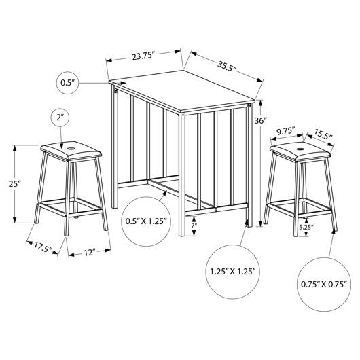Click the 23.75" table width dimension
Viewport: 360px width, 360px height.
[x=142, y=56]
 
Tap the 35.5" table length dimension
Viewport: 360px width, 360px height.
[x=227, y=67]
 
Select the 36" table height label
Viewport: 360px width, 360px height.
[x=261, y=120]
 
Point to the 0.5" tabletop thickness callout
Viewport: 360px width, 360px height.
[x=68, y=83]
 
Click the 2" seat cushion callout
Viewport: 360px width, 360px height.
[x=60, y=118]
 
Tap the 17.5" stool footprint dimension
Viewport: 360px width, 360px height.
[x=43, y=247]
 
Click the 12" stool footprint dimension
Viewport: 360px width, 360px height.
[x=90, y=253]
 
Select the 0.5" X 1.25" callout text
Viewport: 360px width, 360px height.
[x=146, y=221]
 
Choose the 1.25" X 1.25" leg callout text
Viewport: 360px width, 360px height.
[x=233, y=272]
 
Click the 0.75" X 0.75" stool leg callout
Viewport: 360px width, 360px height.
[x=324, y=285]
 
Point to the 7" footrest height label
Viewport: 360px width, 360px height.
[x=194, y=226]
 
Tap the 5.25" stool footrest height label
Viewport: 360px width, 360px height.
[x=306, y=228]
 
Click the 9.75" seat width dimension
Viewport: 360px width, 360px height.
[x=286, y=132]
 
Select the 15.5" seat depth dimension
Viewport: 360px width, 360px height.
[x=323, y=134]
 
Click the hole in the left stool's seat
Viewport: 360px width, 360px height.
[x=71, y=149]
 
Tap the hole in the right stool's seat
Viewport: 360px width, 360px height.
[x=299, y=149]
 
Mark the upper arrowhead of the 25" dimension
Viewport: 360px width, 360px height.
[x=15, y=149]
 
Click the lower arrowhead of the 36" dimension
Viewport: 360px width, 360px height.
[x=260, y=223]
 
